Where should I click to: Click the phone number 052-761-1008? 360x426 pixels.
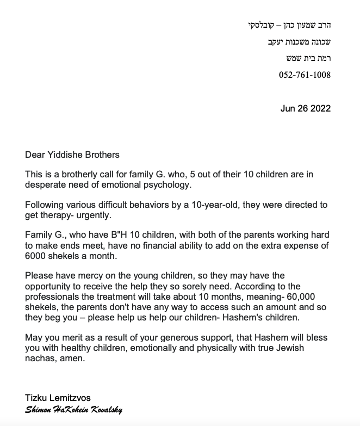coord(305,75)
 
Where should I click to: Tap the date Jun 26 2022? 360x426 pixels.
coord(306,108)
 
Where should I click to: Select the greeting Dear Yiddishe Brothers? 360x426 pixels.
coord(72,155)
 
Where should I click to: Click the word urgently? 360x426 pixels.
coord(92,215)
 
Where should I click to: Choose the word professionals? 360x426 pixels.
coord(52,297)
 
